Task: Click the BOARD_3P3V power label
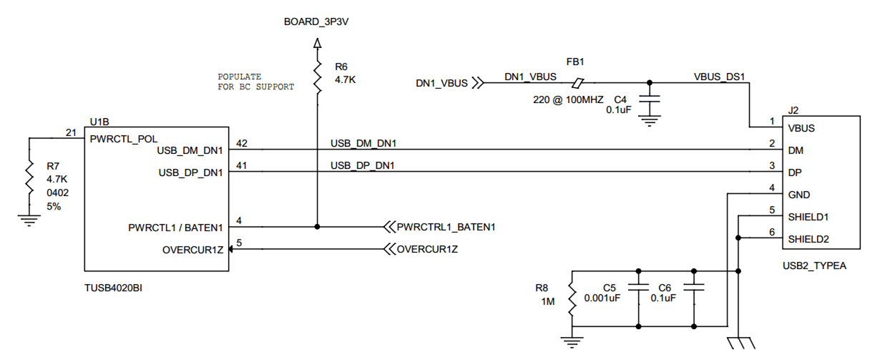316,22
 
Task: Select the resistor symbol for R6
316,74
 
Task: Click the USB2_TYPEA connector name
815,266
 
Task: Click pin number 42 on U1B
241,144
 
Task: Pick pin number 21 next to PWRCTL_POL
71,132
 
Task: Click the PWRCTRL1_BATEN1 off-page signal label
446,227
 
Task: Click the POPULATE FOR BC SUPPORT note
255,82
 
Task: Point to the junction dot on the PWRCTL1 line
316,227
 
